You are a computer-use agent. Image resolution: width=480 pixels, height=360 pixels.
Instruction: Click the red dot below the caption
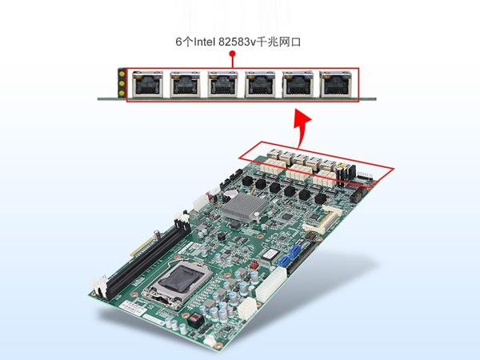[x=233, y=54]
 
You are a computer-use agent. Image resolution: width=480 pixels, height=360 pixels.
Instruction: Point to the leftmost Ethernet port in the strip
[x=147, y=84]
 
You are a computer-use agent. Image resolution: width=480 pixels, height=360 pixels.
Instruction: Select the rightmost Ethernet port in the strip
[x=335, y=84]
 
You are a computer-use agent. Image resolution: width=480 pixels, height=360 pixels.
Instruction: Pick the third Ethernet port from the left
[x=222, y=84]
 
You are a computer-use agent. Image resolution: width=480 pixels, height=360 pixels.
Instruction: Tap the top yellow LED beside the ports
[x=122, y=74]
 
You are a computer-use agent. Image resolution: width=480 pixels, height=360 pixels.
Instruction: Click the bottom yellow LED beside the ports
[x=122, y=93]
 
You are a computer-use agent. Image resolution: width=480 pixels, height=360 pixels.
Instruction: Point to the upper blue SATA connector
[x=294, y=253]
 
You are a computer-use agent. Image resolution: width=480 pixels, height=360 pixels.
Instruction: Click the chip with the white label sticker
[x=270, y=254]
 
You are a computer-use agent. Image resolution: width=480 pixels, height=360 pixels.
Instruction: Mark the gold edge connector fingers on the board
[x=142, y=246]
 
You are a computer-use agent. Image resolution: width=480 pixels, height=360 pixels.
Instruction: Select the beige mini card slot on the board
[x=322, y=219]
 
